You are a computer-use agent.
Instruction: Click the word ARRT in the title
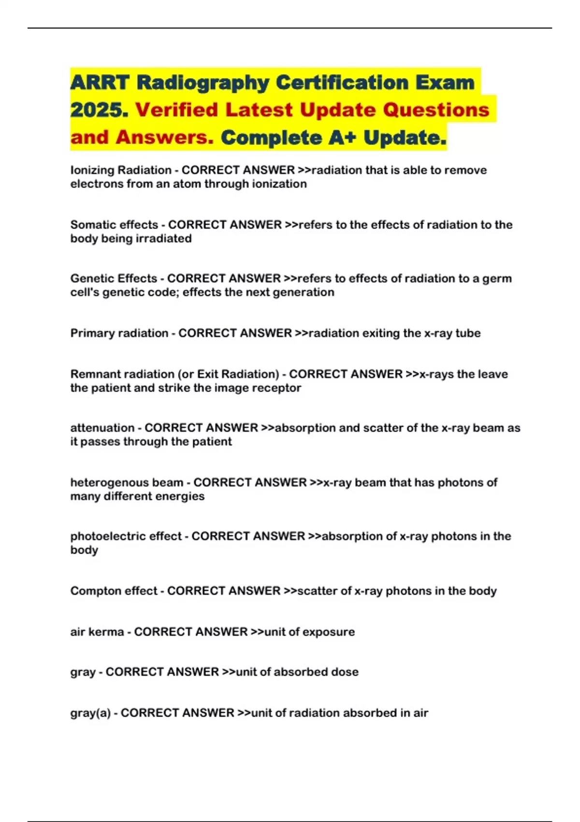(x=100, y=83)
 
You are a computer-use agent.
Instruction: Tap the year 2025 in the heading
(x=99, y=110)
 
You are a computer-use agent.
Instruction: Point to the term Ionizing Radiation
(x=121, y=170)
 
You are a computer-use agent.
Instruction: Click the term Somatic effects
(x=114, y=225)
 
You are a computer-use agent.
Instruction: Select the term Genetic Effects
(x=114, y=279)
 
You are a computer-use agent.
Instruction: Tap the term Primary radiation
(x=119, y=333)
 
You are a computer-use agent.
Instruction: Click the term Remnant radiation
(x=122, y=374)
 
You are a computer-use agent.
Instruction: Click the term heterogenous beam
(x=127, y=483)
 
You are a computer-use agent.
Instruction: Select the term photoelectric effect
(x=126, y=536)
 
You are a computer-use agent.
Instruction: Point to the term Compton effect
(x=114, y=591)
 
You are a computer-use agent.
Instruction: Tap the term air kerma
(x=97, y=632)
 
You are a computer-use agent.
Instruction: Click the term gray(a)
(x=90, y=713)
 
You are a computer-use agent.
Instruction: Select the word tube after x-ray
(x=467, y=333)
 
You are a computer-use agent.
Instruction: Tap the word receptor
(x=279, y=388)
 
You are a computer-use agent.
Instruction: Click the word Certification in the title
(x=342, y=83)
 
